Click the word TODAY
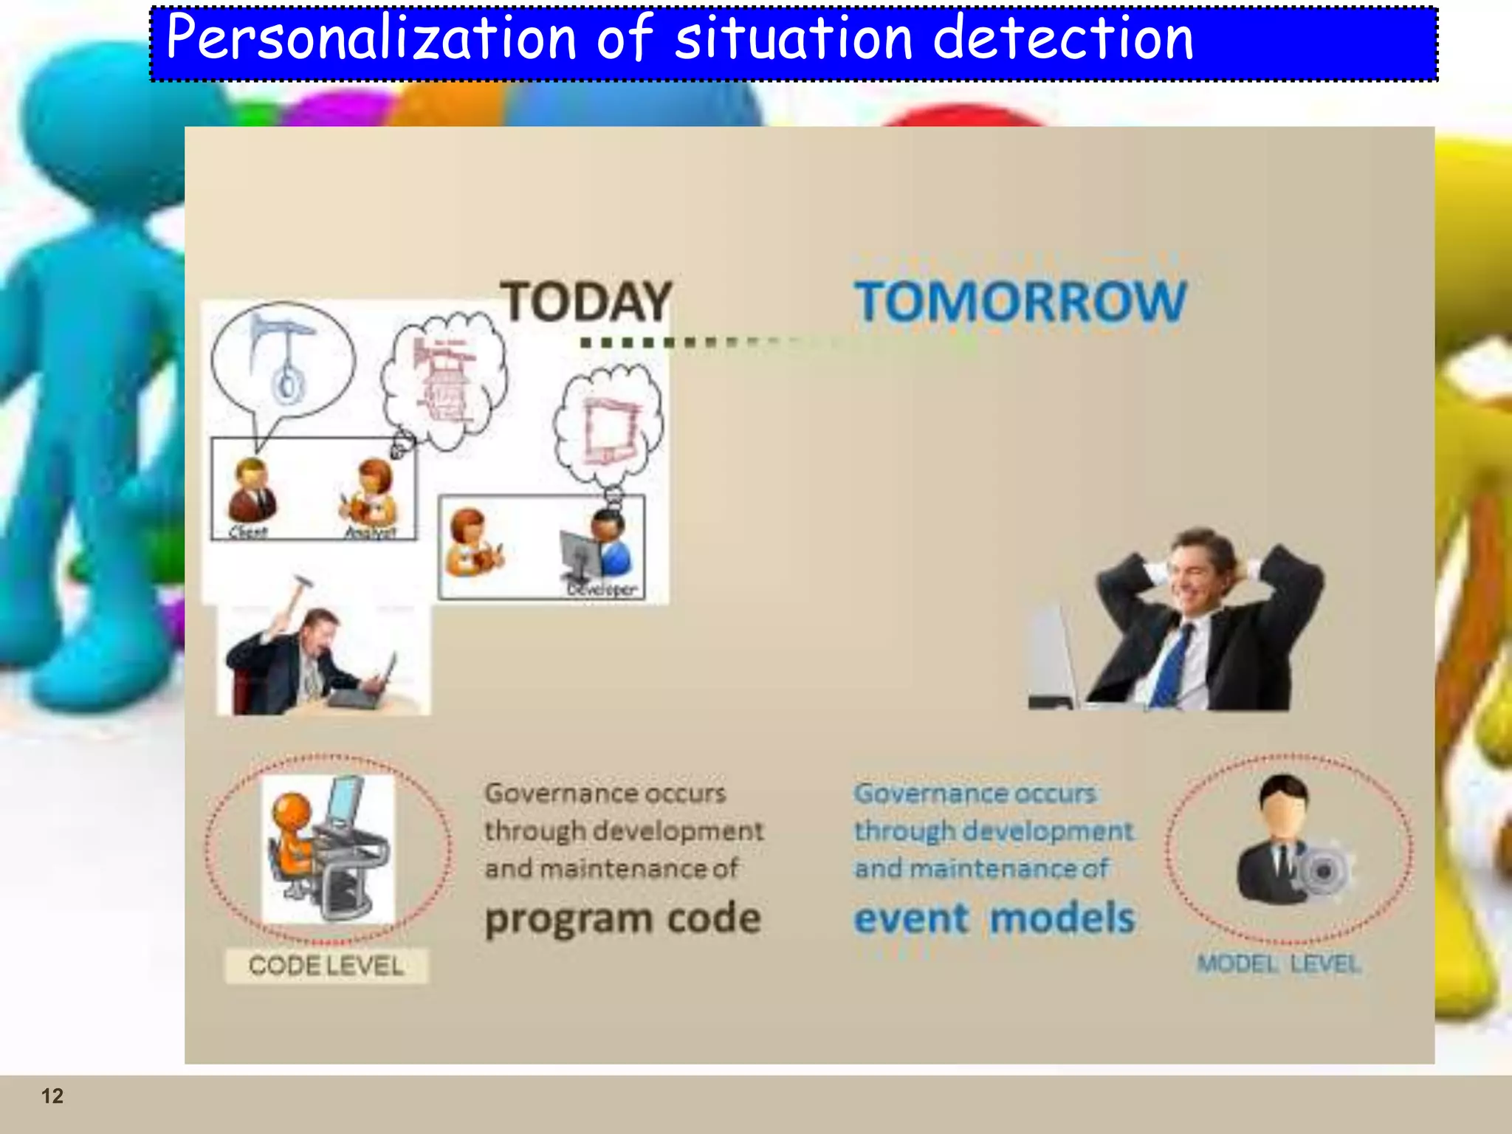click(586, 301)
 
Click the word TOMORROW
click(1020, 301)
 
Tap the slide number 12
click(52, 1096)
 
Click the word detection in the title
click(1063, 38)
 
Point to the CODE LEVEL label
click(326, 966)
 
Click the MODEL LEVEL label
click(1279, 963)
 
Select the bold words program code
click(622, 919)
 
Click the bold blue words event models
click(994, 919)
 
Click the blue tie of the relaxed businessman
click(1172, 664)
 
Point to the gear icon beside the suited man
click(1323, 871)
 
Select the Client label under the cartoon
click(247, 532)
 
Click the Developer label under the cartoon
click(601, 589)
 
